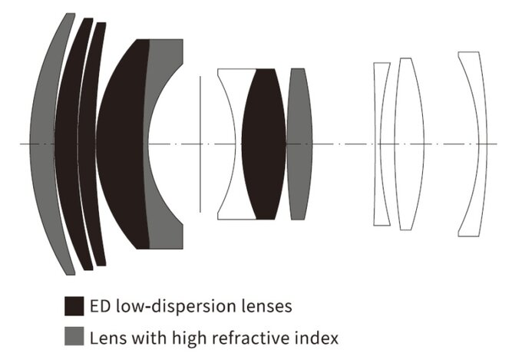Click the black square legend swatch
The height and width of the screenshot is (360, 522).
[x=74, y=306]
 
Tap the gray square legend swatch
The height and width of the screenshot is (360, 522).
[x=74, y=336]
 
